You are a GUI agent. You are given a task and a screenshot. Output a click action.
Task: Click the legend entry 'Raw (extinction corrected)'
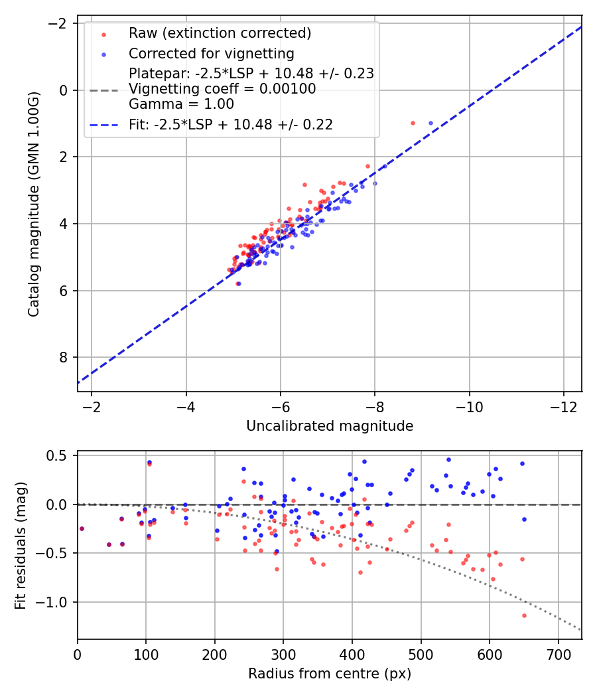pyautogui.click(x=220, y=33)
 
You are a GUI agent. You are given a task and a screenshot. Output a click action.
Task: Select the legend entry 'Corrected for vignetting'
pyautogui.click(x=211, y=53)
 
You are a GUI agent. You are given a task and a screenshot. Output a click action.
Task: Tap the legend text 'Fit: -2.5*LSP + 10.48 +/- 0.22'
pyautogui.click(x=231, y=124)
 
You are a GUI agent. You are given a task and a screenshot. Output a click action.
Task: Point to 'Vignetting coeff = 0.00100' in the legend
pyautogui.click(x=222, y=89)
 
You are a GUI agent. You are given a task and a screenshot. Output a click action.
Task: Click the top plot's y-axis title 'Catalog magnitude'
pyautogui.click(x=34, y=204)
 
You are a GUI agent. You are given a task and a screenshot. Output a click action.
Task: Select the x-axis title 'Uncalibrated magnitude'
pyautogui.click(x=330, y=426)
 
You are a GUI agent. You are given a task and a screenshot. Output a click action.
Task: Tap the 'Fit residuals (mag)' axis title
pyautogui.click(x=21, y=545)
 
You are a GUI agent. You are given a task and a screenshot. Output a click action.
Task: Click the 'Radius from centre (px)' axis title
pyautogui.click(x=330, y=674)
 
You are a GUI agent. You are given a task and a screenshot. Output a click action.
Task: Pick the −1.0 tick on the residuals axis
pyautogui.click(x=57, y=602)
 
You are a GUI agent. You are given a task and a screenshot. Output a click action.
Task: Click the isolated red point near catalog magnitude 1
pyautogui.click(x=413, y=123)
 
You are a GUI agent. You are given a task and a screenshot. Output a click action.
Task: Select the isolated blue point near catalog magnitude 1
pyautogui.click(x=431, y=123)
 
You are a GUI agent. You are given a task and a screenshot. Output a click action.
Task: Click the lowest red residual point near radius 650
pyautogui.click(x=524, y=615)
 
